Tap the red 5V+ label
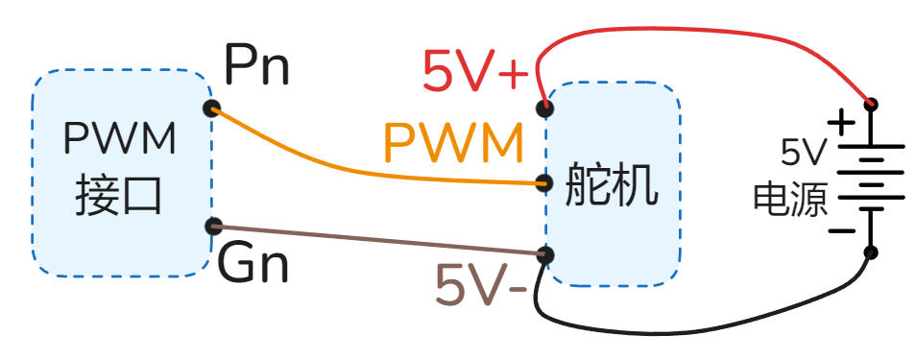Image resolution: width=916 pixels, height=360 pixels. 475,71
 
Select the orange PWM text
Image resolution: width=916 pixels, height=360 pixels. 453,144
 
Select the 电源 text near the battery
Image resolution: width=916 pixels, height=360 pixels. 789,199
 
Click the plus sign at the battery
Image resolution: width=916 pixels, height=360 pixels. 840,123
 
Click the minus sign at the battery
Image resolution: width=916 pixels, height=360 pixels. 841,230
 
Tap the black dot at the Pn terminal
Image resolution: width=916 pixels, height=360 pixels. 212,108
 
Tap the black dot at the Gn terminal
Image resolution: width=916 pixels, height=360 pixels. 214,227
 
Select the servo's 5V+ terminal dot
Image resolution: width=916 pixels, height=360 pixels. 544,107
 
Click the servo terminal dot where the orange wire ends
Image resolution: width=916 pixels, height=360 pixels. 544,182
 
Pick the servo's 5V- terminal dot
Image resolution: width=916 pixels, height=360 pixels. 545,255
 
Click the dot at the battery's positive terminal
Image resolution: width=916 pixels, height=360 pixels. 871,104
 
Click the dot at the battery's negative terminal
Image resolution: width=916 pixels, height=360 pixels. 871,252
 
